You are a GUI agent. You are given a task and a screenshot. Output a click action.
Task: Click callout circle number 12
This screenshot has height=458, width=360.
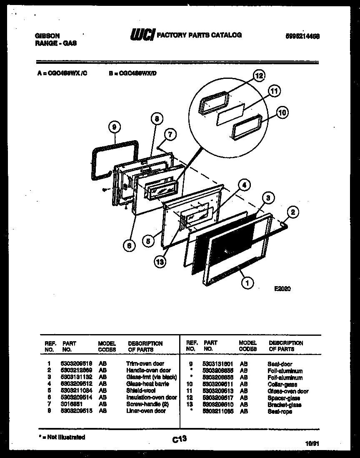[259, 76]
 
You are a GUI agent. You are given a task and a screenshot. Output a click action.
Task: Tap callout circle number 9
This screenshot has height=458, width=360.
[114, 126]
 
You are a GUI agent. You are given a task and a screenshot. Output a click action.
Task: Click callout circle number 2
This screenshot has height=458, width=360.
[293, 212]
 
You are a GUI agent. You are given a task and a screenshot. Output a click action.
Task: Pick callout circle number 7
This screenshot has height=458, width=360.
[170, 134]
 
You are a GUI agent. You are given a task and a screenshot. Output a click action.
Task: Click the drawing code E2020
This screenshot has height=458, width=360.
[282, 289]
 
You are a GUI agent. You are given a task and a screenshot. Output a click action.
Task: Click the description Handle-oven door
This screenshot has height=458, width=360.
[148, 370]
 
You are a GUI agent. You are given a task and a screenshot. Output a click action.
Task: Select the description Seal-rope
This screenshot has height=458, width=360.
[280, 411]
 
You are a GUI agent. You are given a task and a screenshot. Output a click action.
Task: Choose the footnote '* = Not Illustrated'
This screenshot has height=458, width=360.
[61, 437]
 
